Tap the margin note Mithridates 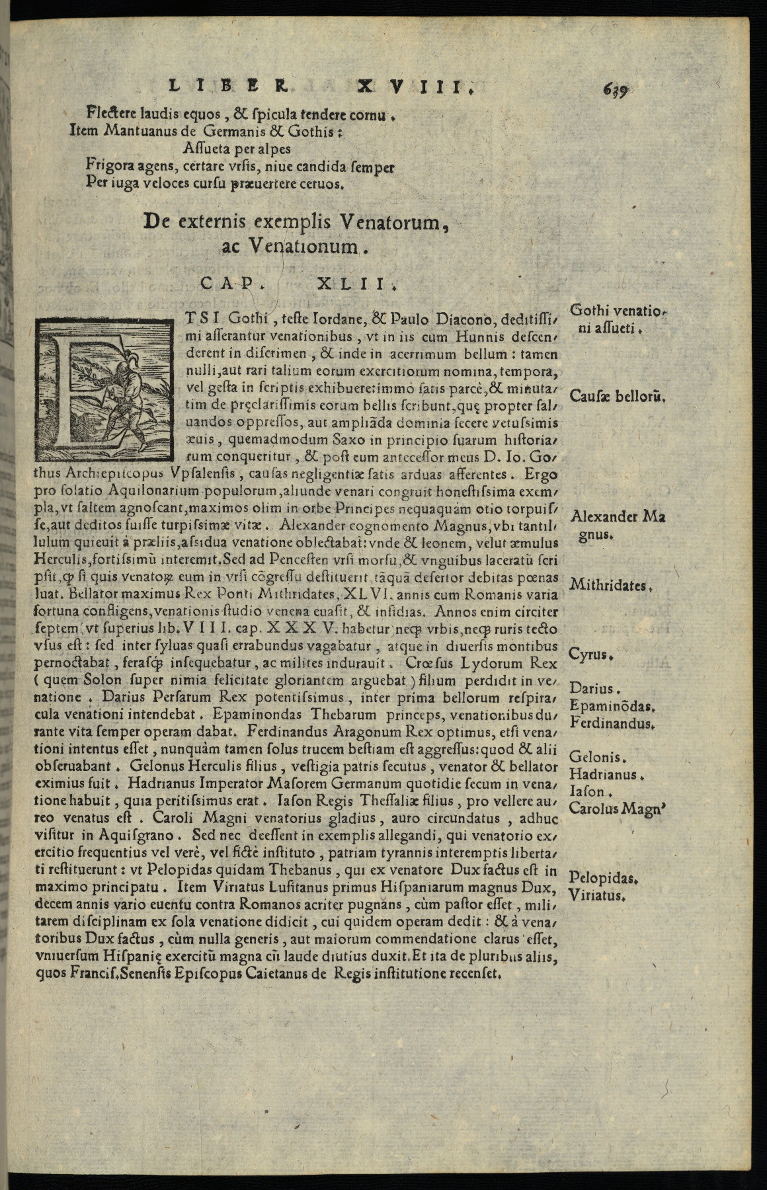(x=611, y=585)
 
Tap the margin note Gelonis (x=596, y=758)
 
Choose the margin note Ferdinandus (x=612, y=723)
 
